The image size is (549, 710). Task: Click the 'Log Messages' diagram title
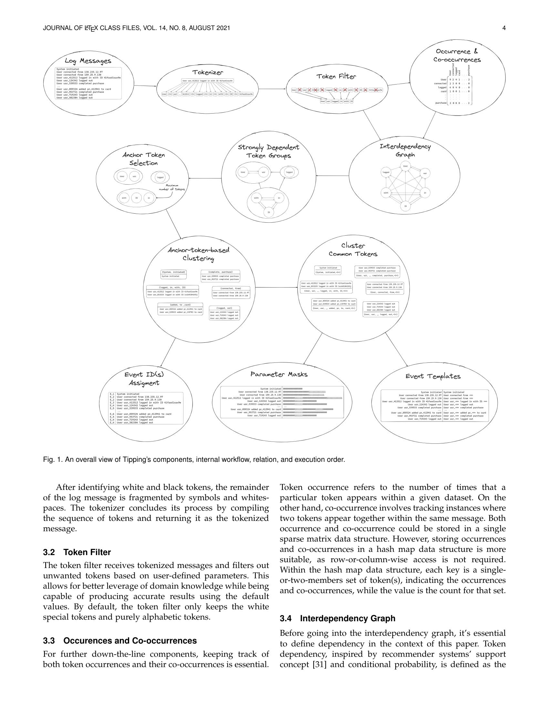(88, 61)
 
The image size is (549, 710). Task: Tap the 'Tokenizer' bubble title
(208, 72)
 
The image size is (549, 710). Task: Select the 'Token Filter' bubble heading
(336, 76)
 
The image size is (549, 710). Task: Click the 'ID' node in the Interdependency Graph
(405, 206)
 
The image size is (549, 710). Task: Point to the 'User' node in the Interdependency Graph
(405, 166)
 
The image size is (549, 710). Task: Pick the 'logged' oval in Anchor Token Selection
(160, 177)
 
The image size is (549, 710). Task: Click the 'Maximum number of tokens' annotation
(171, 187)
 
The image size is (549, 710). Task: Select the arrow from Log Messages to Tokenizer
(145, 86)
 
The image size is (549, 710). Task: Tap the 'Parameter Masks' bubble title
(279, 374)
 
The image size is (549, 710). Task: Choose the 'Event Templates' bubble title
(432, 376)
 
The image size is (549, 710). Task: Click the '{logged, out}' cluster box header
(224, 308)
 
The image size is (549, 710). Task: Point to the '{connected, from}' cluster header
(231, 288)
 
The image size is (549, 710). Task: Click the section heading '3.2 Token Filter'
(77, 552)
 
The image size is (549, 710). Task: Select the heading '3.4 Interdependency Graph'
(337, 618)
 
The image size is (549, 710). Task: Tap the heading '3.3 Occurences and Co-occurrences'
(120, 641)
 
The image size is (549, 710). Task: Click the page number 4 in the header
(504, 28)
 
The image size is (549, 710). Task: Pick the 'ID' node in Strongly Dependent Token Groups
(269, 212)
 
